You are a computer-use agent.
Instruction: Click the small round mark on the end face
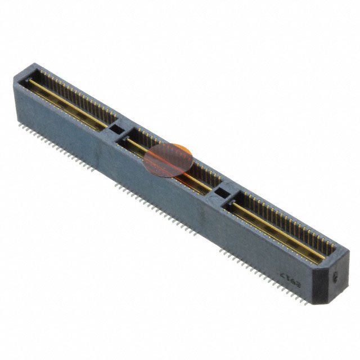[336, 277]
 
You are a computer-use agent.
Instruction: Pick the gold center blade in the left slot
[67, 101]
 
